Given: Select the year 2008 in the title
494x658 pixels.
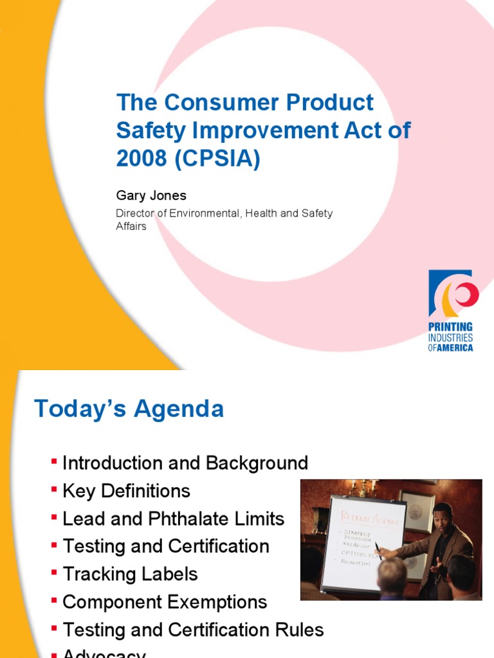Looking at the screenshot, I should tap(140, 159).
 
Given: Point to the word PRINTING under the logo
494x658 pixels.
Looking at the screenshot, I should tap(451, 327).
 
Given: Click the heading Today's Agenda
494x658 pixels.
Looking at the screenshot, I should tap(129, 409).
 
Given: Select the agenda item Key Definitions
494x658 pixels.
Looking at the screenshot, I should tap(126, 491).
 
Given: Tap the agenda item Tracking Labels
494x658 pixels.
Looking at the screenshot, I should tap(130, 574).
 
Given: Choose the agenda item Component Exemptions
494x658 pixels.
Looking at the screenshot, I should tap(165, 602).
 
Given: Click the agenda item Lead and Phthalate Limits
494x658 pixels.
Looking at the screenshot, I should tap(173, 519).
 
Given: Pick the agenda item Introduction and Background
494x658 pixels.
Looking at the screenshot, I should tap(185, 463).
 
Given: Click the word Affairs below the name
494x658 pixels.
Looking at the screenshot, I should tap(131, 226).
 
